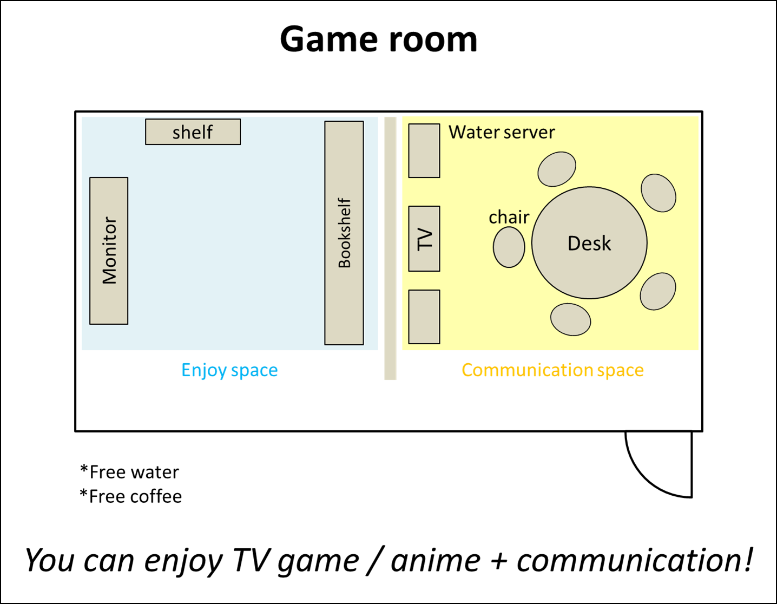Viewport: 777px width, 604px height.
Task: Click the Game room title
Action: [379, 40]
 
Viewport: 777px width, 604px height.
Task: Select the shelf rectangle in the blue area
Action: [193, 132]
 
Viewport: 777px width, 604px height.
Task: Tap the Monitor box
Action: [109, 251]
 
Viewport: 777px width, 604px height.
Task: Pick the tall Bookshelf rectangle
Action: [344, 233]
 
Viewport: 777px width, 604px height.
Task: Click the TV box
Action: [424, 239]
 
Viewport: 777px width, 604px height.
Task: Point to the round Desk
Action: [589, 243]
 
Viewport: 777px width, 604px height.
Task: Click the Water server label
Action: [502, 132]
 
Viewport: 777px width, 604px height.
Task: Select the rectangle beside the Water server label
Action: [424, 150]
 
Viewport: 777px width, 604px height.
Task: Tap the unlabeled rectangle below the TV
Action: [424, 317]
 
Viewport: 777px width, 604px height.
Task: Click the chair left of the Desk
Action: [509, 247]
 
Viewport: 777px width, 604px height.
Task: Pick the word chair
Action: [509, 217]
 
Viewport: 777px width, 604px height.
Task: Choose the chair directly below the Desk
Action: [570, 319]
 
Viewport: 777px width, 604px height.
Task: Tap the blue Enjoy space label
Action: [230, 370]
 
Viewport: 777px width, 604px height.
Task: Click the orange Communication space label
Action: [552, 370]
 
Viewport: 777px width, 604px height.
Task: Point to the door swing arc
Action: [644, 476]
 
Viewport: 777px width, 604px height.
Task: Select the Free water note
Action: [130, 472]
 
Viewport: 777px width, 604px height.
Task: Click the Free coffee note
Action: [131, 496]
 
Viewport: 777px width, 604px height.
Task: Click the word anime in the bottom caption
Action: [435, 561]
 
